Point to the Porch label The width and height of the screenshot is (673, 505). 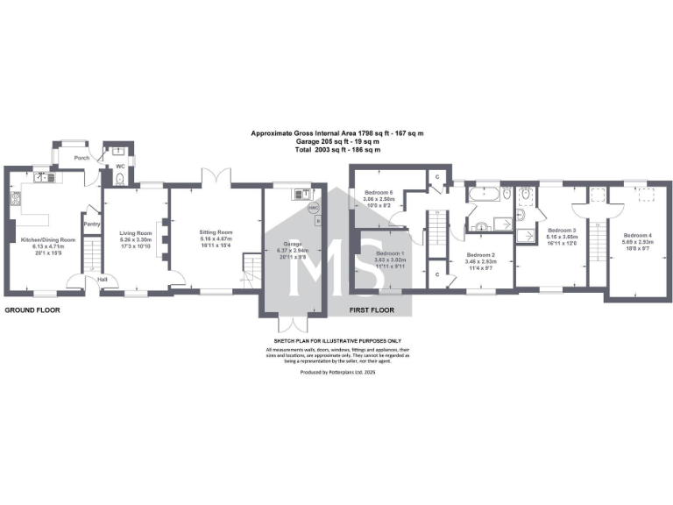point(81,158)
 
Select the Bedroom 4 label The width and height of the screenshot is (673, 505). point(637,235)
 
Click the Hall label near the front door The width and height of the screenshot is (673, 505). point(103,280)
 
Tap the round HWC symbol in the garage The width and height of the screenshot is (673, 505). point(315,208)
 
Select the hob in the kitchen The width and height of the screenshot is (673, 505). point(15,199)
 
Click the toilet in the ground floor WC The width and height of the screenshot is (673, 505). point(119,179)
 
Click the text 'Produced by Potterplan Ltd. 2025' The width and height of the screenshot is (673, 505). point(337,372)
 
